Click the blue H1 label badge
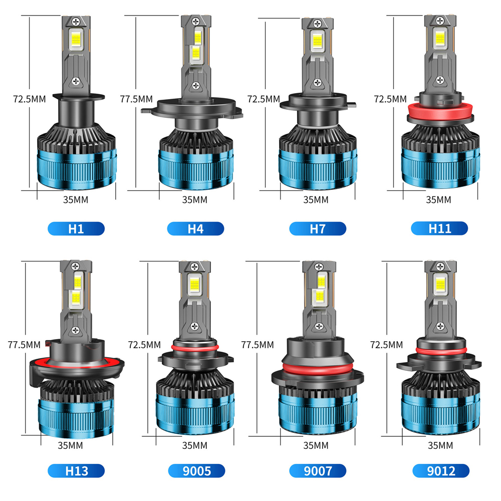pos(76,229)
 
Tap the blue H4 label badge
pos(195,229)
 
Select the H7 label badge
pos(318,229)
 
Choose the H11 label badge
pos(439,228)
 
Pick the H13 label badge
pos(76,471)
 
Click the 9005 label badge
pos(196,471)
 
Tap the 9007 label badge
pos(318,471)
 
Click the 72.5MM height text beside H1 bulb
pos(30,99)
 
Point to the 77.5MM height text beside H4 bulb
pos(136,99)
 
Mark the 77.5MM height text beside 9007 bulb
pos(258,345)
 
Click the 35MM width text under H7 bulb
pos(316,200)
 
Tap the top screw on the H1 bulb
pos(76,22)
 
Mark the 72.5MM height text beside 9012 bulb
pos(386,345)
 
